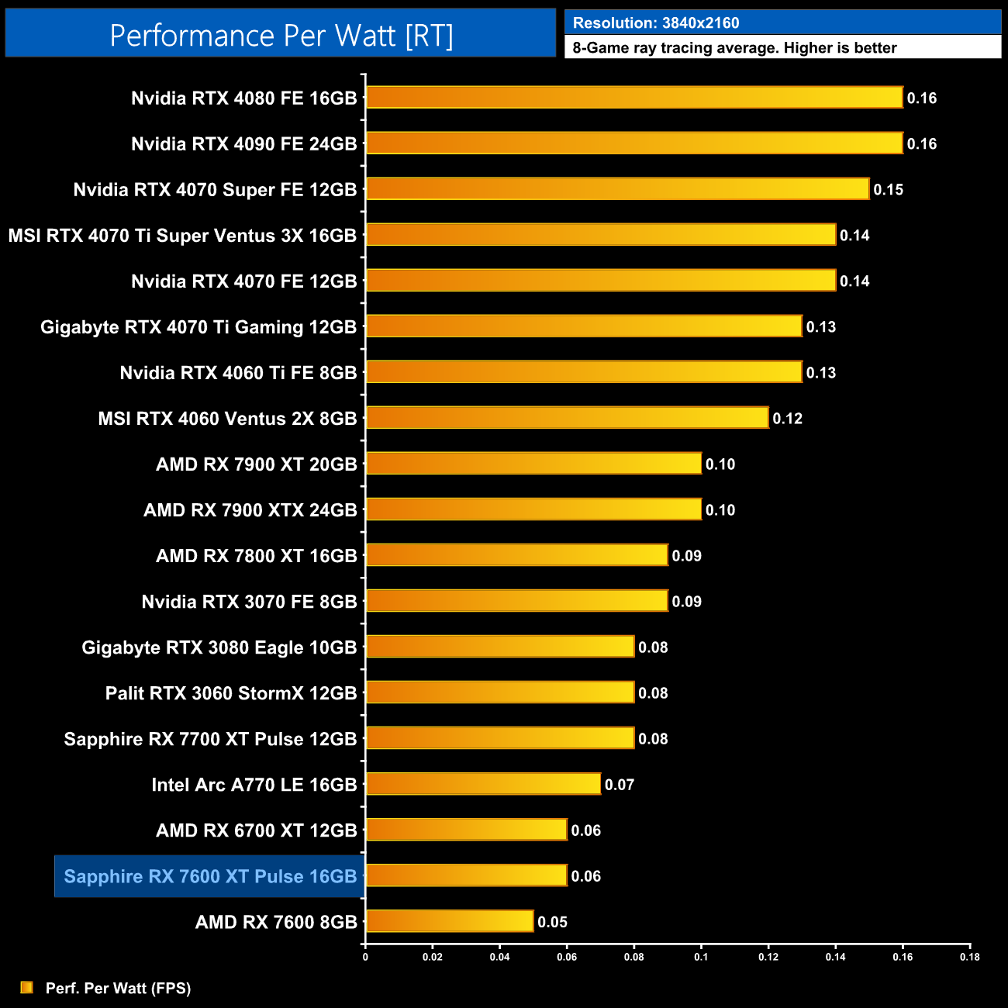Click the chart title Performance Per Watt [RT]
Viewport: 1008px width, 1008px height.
(x=281, y=36)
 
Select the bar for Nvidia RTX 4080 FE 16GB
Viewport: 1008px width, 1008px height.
(x=634, y=98)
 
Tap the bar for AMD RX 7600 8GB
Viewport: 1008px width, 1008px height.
(x=450, y=921)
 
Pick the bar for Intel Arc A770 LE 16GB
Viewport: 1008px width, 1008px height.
(x=483, y=784)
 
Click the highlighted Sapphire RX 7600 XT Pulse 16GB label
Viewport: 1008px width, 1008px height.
(x=210, y=876)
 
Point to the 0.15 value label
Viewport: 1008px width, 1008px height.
(x=888, y=190)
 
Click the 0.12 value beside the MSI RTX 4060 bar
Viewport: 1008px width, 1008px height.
(x=787, y=419)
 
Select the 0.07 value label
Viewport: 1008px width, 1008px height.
(x=620, y=785)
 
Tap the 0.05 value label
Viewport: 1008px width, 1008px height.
(x=552, y=922)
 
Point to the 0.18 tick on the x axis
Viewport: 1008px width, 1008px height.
(x=969, y=957)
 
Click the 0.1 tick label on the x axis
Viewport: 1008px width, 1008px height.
(x=701, y=957)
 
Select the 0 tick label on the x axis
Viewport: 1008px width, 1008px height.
(x=365, y=957)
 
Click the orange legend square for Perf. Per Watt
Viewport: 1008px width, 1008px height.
(x=27, y=987)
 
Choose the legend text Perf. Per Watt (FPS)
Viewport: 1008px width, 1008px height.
(x=118, y=988)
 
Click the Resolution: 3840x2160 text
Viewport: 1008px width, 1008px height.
(x=656, y=23)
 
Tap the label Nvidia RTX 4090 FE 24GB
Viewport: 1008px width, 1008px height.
(x=243, y=144)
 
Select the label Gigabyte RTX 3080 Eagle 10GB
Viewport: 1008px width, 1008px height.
(x=219, y=647)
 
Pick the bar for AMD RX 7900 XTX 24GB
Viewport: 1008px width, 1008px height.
(x=533, y=509)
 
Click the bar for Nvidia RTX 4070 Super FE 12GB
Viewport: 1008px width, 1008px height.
(x=617, y=189)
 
